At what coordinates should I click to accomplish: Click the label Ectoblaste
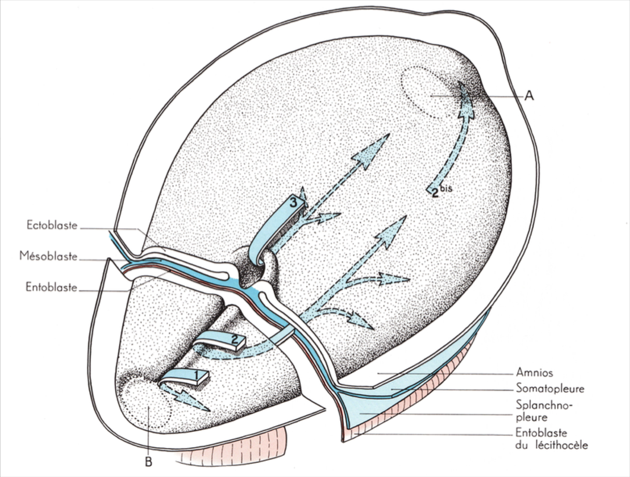pyautogui.click(x=52, y=225)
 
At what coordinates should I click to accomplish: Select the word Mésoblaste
pyautogui.click(x=48, y=256)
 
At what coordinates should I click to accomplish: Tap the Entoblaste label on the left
pyautogui.click(x=51, y=287)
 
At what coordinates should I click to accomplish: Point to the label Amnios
pyautogui.click(x=535, y=373)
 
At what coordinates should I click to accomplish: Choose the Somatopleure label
pyautogui.click(x=550, y=388)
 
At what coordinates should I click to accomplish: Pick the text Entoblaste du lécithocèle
pyautogui.click(x=552, y=439)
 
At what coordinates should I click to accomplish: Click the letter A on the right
pyautogui.click(x=529, y=95)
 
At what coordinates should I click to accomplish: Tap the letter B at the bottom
pyautogui.click(x=148, y=462)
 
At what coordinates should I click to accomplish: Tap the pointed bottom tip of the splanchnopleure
pyautogui.click(x=343, y=442)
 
